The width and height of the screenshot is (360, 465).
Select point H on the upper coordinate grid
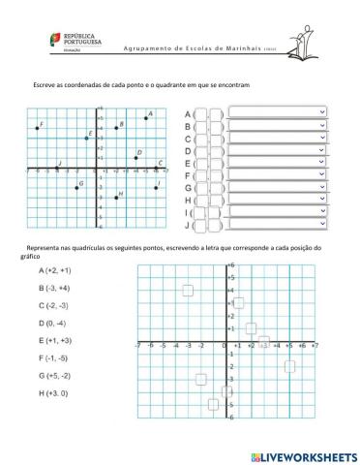[x=116, y=198]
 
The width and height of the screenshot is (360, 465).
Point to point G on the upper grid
[x=75, y=187]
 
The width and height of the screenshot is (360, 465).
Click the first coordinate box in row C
[x=202, y=138]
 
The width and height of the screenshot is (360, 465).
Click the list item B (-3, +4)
[x=54, y=288]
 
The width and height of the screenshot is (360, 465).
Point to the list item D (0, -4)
[x=52, y=323]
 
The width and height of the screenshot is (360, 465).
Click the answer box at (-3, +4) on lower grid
[x=188, y=290]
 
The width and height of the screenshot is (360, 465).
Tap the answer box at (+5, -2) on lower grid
[x=289, y=365]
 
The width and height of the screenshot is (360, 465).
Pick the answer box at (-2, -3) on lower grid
[x=201, y=379]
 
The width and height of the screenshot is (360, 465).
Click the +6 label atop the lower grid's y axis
[x=231, y=264]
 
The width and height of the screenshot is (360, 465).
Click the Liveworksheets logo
[x=303, y=454]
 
